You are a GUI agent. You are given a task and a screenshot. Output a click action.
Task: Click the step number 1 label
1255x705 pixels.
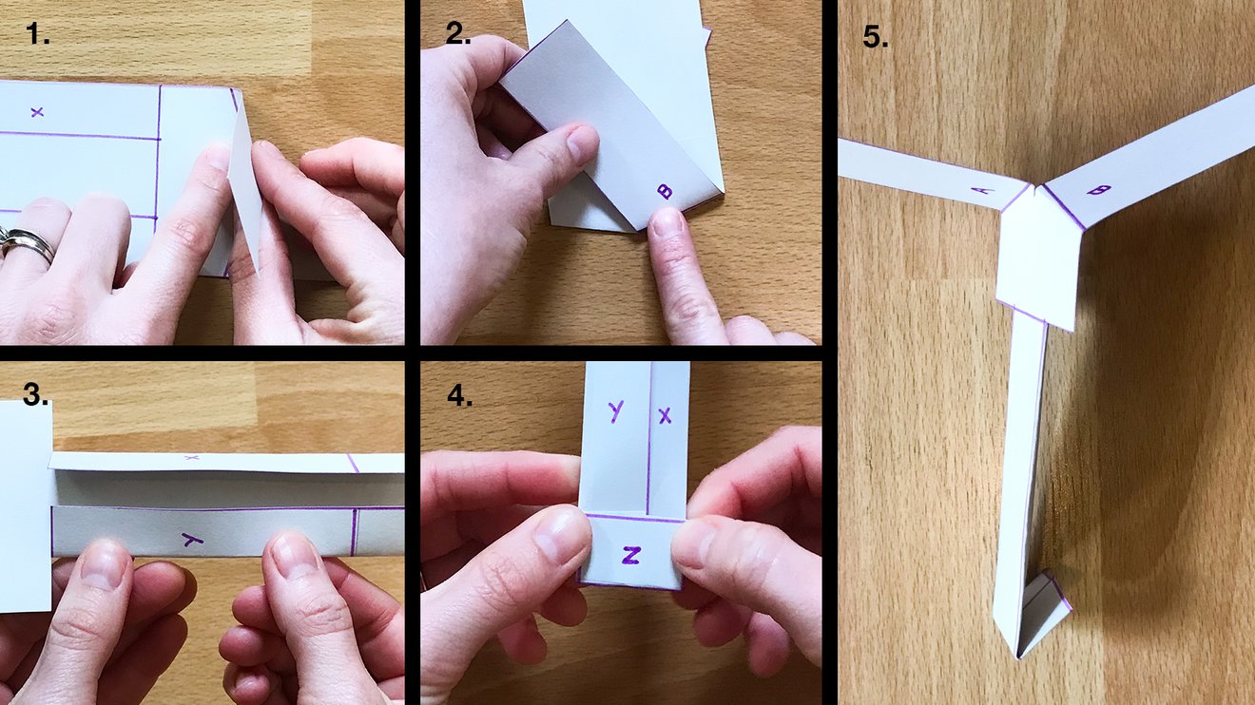coord(38,36)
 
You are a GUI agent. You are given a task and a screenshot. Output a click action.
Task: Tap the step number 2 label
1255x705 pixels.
coord(458,34)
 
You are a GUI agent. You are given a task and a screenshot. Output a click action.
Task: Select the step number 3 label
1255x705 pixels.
coord(36,394)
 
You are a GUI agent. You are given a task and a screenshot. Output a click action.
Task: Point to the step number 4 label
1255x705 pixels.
coord(458,394)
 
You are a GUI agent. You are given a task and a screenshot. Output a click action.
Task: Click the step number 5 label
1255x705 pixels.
coord(876,37)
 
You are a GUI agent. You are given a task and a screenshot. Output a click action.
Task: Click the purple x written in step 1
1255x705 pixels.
coord(37,112)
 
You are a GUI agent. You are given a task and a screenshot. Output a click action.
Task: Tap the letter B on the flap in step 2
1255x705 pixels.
coord(666,191)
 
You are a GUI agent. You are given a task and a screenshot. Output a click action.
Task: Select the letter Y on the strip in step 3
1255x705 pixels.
coord(193,540)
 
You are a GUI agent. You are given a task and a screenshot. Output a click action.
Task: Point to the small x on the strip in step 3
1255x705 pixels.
coord(191,458)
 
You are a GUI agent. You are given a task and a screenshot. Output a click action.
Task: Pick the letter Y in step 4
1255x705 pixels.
coord(616,410)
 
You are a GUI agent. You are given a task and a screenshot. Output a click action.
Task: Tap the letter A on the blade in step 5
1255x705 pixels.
coord(982,190)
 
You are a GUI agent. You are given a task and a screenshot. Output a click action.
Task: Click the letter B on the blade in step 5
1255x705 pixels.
coord(1098,190)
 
